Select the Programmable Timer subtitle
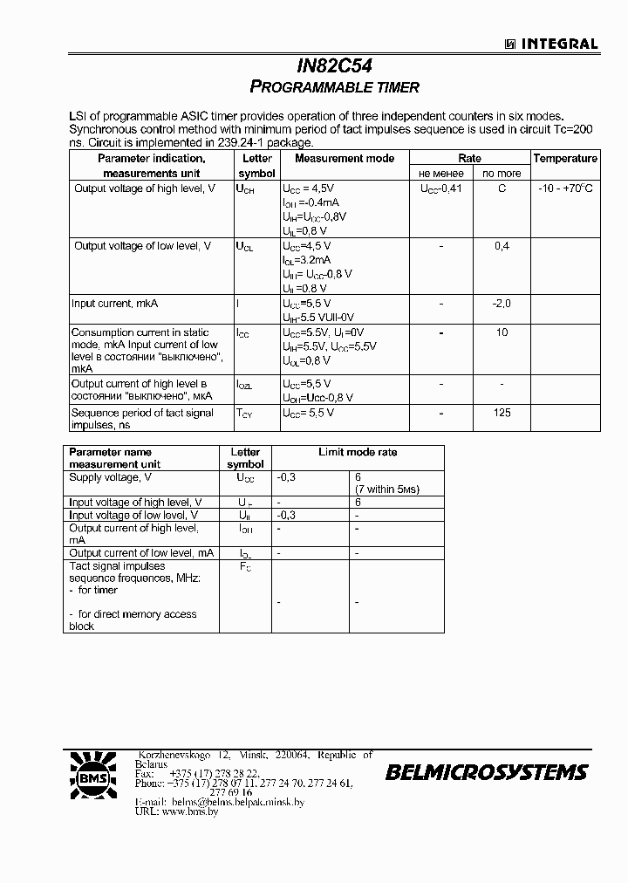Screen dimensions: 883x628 click(335, 87)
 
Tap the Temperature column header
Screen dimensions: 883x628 click(565, 159)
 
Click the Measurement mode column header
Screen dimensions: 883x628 click(344, 159)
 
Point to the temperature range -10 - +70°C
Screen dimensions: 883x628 click(565, 188)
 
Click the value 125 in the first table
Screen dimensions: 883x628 click(502, 413)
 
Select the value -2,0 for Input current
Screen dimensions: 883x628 click(502, 304)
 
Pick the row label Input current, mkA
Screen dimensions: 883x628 click(114, 304)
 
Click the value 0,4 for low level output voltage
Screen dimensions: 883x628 click(502, 247)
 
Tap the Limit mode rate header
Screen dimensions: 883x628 click(358, 452)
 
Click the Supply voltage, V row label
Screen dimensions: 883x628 click(110, 477)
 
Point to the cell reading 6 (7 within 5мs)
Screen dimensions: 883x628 click(386, 483)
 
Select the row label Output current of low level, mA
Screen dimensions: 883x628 click(141, 553)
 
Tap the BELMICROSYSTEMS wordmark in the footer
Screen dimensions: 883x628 click(487, 772)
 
